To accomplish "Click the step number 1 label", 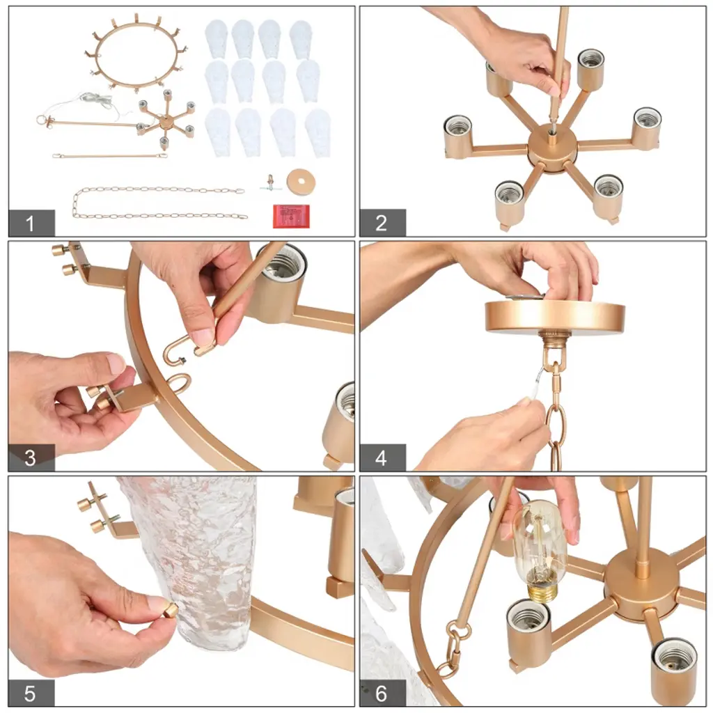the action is point(30,224).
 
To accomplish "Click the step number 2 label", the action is point(382,223).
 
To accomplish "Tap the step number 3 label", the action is point(30,457).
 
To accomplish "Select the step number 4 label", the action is point(382,458).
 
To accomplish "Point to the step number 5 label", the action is point(30,693).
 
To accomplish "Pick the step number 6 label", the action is point(382,693).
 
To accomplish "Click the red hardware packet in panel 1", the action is point(291,216).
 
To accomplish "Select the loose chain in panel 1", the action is point(159,202).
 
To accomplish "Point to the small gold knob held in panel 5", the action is point(171,609).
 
